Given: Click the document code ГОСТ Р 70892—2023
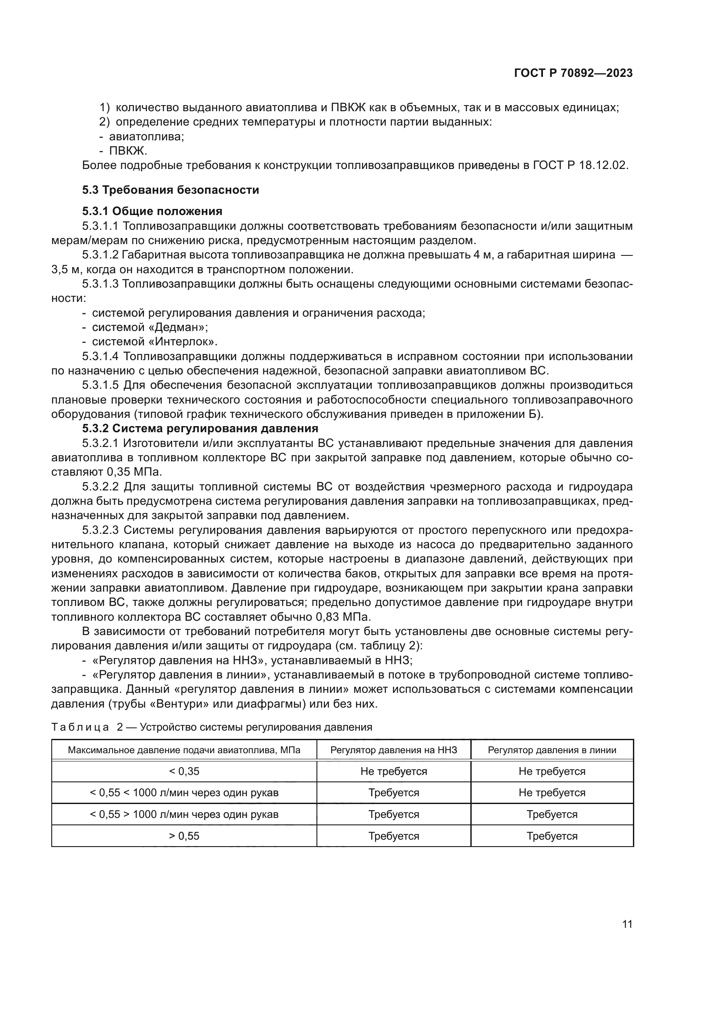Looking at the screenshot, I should (573, 73).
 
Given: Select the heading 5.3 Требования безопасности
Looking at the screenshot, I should (170, 190).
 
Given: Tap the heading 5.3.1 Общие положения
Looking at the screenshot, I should (152, 211).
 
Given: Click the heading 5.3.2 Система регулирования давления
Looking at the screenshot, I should (200, 428).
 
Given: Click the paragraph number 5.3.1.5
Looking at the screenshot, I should (100, 385).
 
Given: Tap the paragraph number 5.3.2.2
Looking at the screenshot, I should (100, 487).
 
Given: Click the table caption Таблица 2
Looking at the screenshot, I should (87, 727).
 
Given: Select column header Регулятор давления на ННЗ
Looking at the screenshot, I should (393, 750).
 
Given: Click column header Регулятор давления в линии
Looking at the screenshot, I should (552, 750).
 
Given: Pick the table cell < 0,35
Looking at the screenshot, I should (184, 771).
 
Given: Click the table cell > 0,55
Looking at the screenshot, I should (184, 836).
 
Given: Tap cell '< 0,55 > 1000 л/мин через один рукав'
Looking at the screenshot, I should (184, 814).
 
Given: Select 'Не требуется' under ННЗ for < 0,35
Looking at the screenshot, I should (393, 771).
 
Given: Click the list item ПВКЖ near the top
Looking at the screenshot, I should (128, 151).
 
